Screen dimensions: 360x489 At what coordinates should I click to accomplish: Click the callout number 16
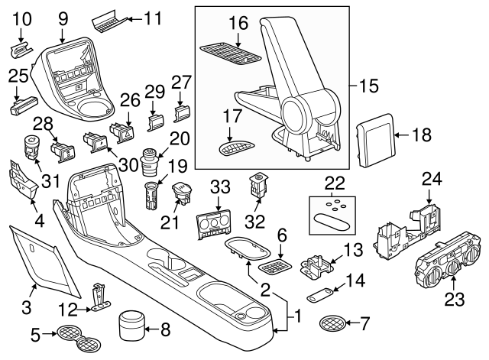point(240,23)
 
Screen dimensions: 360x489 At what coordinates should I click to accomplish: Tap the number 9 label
point(63,16)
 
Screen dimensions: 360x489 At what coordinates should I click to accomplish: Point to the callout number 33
point(220,186)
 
